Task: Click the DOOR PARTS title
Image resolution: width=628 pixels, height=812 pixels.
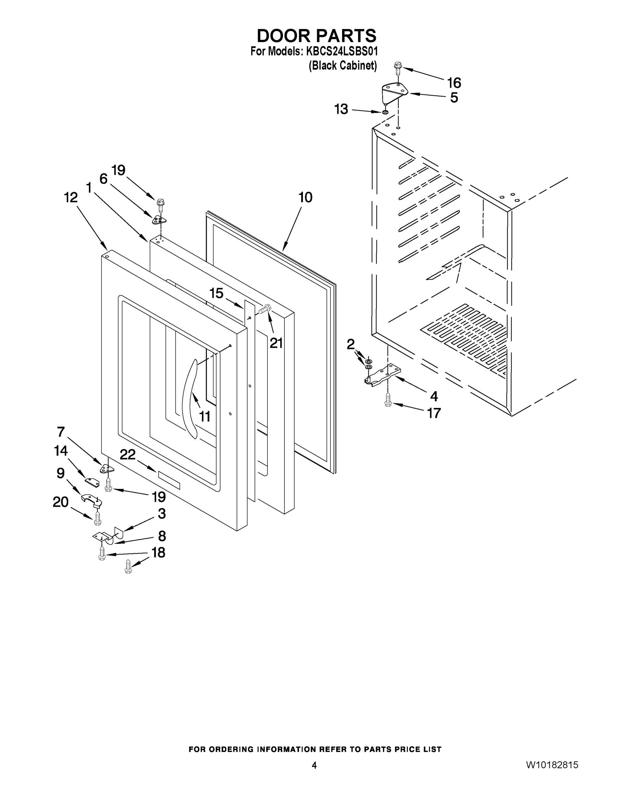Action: point(316,36)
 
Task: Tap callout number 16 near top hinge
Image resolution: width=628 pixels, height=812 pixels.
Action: point(454,83)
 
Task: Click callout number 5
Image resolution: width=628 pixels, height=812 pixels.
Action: point(454,98)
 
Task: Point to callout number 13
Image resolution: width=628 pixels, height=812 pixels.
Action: point(341,109)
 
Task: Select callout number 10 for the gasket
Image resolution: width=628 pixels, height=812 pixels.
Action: point(305,198)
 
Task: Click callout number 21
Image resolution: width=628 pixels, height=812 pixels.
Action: point(276,343)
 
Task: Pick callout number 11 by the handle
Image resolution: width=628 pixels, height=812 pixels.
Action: point(204,416)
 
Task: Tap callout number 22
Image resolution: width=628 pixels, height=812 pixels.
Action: point(128,454)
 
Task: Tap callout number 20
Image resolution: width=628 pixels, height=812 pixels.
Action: point(61,502)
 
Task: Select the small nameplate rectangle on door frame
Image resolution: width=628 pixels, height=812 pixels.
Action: point(169,480)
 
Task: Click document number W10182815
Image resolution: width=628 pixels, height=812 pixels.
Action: point(552,765)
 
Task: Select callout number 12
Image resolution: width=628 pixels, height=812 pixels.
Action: point(71,198)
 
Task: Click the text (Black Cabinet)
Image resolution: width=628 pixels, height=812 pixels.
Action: point(343,65)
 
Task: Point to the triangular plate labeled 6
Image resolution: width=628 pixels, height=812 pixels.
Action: point(158,220)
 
